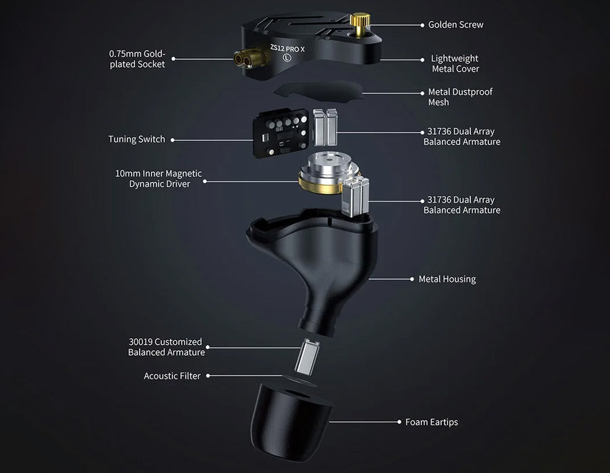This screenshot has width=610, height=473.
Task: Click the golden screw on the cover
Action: tap(359, 25)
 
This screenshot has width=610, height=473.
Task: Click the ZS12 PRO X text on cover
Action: tap(287, 49)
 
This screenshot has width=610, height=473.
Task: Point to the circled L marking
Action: tap(287, 58)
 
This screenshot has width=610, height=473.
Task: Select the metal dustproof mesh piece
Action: tap(319, 92)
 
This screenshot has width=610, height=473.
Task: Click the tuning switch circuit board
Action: tap(281, 133)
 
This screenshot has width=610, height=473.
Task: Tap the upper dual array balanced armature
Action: tap(325, 127)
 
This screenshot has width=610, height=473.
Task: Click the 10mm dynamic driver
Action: tap(327, 172)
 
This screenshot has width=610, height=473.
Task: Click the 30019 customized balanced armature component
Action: tap(307, 356)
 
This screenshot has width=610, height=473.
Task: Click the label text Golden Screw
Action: tap(455, 24)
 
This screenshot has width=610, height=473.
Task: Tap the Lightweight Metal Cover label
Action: tap(455, 64)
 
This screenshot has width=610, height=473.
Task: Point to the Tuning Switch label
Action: tap(136, 139)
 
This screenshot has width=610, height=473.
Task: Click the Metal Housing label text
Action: tap(447, 279)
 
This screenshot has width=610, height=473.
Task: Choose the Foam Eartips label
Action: tap(432, 422)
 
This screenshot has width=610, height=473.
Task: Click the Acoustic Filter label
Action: tap(172, 375)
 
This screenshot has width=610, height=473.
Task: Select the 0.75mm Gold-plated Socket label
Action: tap(138, 59)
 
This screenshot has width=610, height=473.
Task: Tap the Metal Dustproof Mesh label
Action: tap(460, 97)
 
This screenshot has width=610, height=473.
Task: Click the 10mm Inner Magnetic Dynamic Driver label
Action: tap(159, 178)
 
